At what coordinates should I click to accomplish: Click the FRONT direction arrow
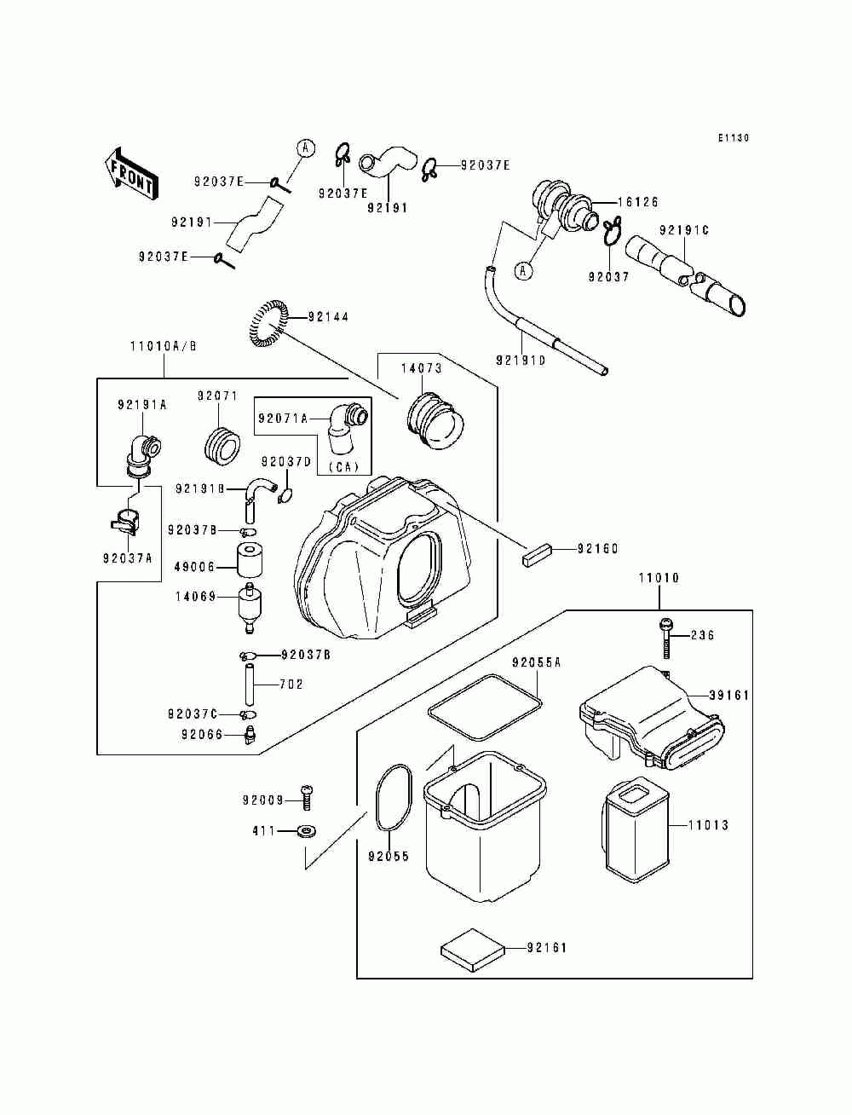click(130, 175)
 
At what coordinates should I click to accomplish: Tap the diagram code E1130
click(734, 137)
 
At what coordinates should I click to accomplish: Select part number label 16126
click(638, 202)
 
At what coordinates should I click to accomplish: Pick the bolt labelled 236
click(666, 639)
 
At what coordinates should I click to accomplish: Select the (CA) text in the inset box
click(343, 466)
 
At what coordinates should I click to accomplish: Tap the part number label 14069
click(196, 597)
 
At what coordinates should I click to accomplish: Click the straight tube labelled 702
click(250, 684)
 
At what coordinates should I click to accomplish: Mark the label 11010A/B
click(164, 346)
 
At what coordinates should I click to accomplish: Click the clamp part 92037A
click(124, 520)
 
